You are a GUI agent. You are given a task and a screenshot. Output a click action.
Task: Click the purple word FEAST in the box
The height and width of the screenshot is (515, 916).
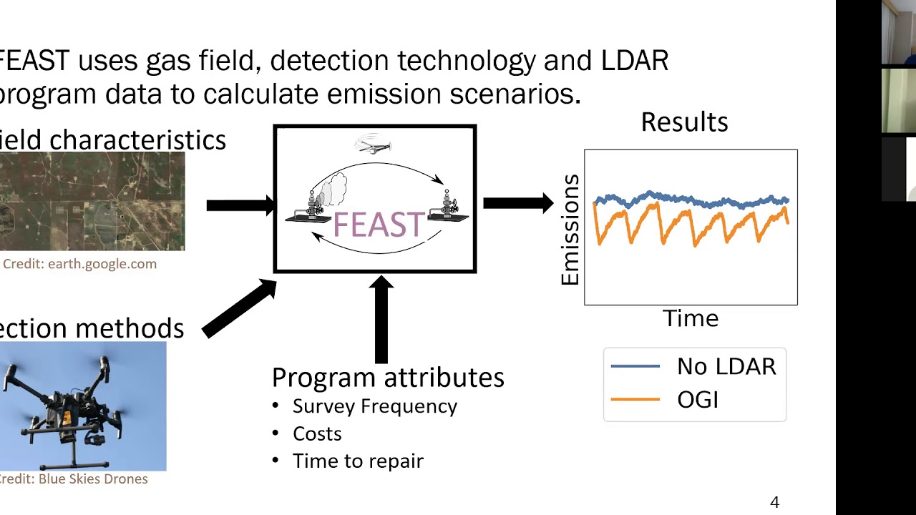coord(379,225)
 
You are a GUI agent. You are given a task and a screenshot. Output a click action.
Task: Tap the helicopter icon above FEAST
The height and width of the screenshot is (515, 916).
coord(374,145)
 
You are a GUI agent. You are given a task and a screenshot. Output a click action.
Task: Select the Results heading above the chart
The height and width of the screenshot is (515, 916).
coord(684,122)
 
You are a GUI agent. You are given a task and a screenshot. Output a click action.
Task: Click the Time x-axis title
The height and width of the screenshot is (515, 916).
coord(690,318)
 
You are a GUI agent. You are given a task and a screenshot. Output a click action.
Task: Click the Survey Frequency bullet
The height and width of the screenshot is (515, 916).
coord(374,406)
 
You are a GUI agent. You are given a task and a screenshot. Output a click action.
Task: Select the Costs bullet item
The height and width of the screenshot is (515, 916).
coord(317,433)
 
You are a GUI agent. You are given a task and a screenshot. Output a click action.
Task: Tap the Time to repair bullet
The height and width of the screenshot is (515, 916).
coord(358,461)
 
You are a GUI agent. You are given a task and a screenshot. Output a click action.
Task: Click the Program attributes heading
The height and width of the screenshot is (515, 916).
coord(388,377)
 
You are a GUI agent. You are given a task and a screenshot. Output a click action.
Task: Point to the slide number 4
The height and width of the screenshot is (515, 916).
coord(774,502)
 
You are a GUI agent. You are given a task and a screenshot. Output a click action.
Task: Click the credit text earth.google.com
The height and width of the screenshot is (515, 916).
coord(79,264)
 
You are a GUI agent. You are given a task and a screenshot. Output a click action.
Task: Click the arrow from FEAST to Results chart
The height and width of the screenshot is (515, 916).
coord(517,203)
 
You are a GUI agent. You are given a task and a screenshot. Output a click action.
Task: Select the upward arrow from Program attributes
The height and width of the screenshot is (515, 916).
coord(381,319)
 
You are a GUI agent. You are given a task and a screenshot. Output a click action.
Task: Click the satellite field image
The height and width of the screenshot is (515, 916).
coord(92,201)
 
